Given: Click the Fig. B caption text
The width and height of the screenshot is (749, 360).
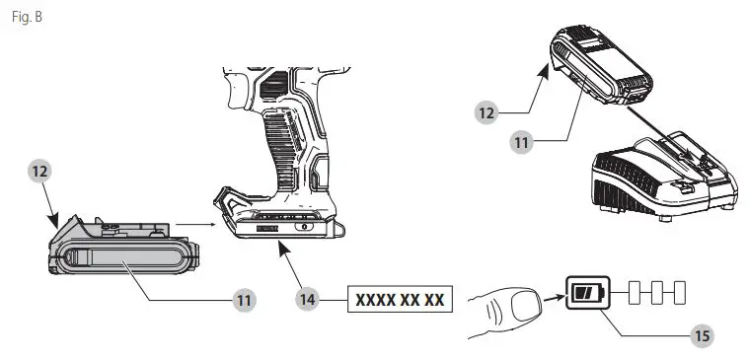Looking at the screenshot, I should click(x=26, y=19).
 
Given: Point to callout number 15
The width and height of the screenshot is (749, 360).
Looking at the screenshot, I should click(x=702, y=335).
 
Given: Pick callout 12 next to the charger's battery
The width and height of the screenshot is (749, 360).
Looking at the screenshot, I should click(x=486, y=113).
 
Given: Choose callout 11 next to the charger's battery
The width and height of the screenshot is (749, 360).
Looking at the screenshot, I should click(x=521, y=142).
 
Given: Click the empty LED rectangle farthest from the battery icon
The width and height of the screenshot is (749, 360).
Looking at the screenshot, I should click(x=678, y=293).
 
